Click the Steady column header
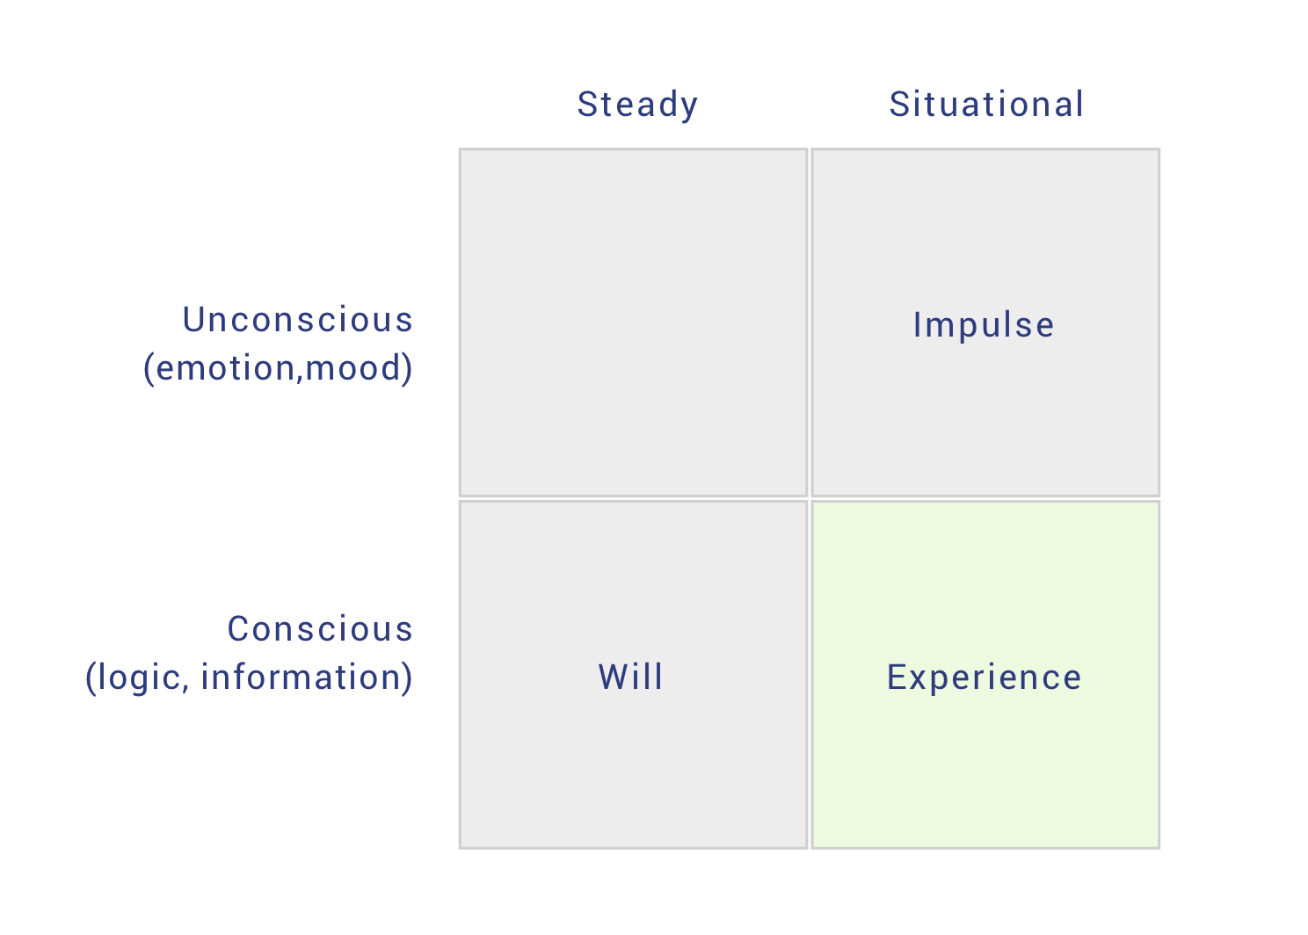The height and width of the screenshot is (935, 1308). pyautogui.click(x=637, y=105)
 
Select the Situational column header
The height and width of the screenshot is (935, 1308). pyautogui.click(x=986, y=105)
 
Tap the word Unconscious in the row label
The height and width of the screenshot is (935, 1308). pyautogui.click(x=298, y=320)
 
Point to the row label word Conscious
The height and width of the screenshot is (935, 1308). pyautogui.click(x=320, y=629)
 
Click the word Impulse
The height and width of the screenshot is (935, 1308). pyautogui.click(x=984, y=325)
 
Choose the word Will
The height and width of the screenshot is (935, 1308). pyautogui.click(x=630, y=678)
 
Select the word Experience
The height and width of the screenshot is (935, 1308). pyautogui.click(x=984, y=678)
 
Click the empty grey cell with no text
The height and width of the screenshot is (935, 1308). pyautogui.click(x=634, y=323)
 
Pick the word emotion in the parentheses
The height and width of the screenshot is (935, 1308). pyautogui.click(x=225, y=369)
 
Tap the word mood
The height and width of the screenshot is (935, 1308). pyautogui.click(x=352, y=369)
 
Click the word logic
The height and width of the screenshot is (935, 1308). pyautogui.click(x=140, y=678)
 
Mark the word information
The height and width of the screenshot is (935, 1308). pyautogui.click(x=300, y=678)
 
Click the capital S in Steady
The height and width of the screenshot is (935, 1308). pyautogui.click(x=588, y=105)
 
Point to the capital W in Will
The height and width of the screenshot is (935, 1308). pyautogui.click(x=614, y=678)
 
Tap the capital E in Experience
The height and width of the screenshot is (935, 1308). pyautogui.click(x=897, y=678)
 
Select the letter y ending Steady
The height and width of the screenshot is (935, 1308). pyautogui.click(x=689, y=109)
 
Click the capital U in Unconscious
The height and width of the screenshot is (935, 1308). pyautogui.click(x=194, y=320)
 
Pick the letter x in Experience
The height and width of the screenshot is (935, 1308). pyautogui.click(x=921, y=681)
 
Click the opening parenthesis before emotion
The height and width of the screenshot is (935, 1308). pyautogui.click(x=149, y=369)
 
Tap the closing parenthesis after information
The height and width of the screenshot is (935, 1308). pyautogui.click(x=407, y=678)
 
